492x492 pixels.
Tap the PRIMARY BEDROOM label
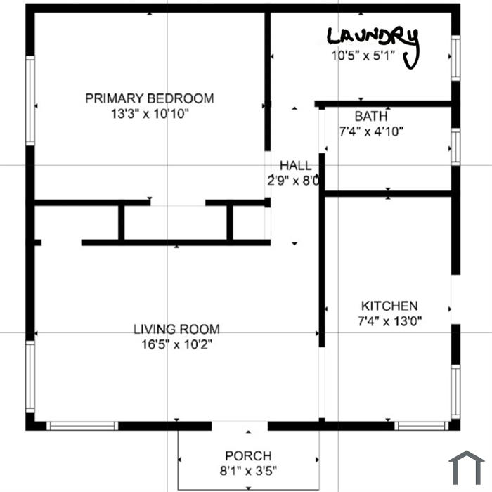150,98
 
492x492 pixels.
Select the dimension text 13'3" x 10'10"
150,114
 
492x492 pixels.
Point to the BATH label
371,117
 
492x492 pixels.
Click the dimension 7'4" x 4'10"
371,131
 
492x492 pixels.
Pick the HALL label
296,165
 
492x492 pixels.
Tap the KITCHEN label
389,306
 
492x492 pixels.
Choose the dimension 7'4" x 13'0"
389,321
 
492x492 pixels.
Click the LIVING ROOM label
176,329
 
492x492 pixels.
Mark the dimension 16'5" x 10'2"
176,344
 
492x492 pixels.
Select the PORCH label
248,456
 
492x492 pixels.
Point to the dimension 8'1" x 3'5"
248,471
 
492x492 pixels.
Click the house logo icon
467,467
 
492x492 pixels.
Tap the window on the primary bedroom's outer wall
30,101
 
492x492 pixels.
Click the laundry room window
455,58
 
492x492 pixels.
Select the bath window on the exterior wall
455,146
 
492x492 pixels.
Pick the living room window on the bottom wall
82,426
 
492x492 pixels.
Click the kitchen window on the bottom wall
422,426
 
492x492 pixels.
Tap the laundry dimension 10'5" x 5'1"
363,56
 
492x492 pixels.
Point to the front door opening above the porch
240,426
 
